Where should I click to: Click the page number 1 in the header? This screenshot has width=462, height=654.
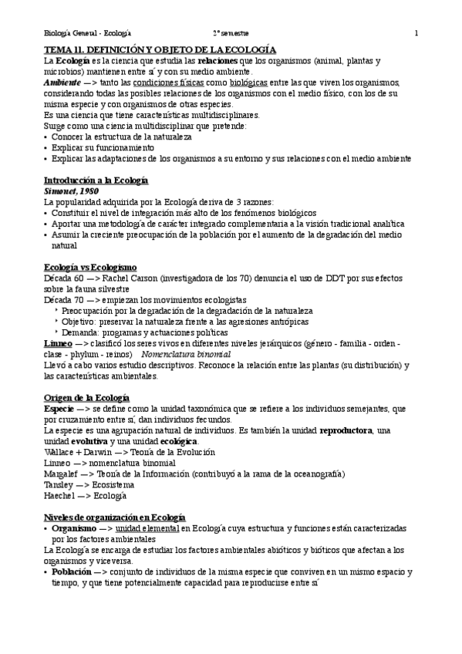(416, 34)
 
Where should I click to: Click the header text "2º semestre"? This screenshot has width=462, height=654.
(231, 34)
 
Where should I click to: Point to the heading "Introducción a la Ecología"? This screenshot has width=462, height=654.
(96, 180)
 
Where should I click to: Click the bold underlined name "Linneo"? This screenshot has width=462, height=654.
(59, 342)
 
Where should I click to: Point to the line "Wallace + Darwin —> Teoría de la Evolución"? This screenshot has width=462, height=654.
(130, 452)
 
